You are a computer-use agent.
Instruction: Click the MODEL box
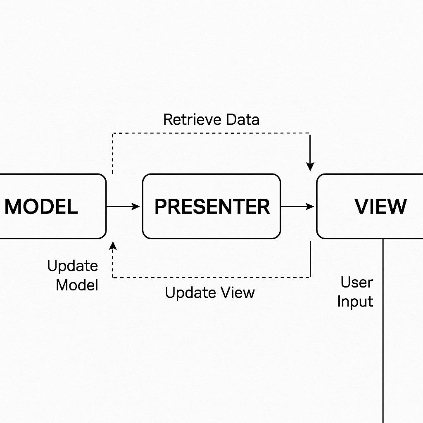[50, 206]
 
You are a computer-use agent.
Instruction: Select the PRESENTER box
[211, 206]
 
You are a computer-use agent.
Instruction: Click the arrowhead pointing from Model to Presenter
[137, 206]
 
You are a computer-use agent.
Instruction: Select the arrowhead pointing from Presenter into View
[311, 206]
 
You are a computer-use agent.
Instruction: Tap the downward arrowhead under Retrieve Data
[310, 166]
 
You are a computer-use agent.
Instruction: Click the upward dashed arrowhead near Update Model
[113, 247]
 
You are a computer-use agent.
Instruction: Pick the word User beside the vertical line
[356, 283]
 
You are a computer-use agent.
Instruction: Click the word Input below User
[355, 301]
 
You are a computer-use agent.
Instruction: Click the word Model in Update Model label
[77, 285]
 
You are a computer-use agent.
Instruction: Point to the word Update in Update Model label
[73, 266]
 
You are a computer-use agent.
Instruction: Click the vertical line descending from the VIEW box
[383, 330]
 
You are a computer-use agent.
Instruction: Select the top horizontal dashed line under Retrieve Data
[211, 133]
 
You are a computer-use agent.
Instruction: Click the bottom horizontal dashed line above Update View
[211, 277]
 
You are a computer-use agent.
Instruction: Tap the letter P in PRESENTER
[160, 206]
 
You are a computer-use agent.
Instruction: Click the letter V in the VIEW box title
[361, 206]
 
